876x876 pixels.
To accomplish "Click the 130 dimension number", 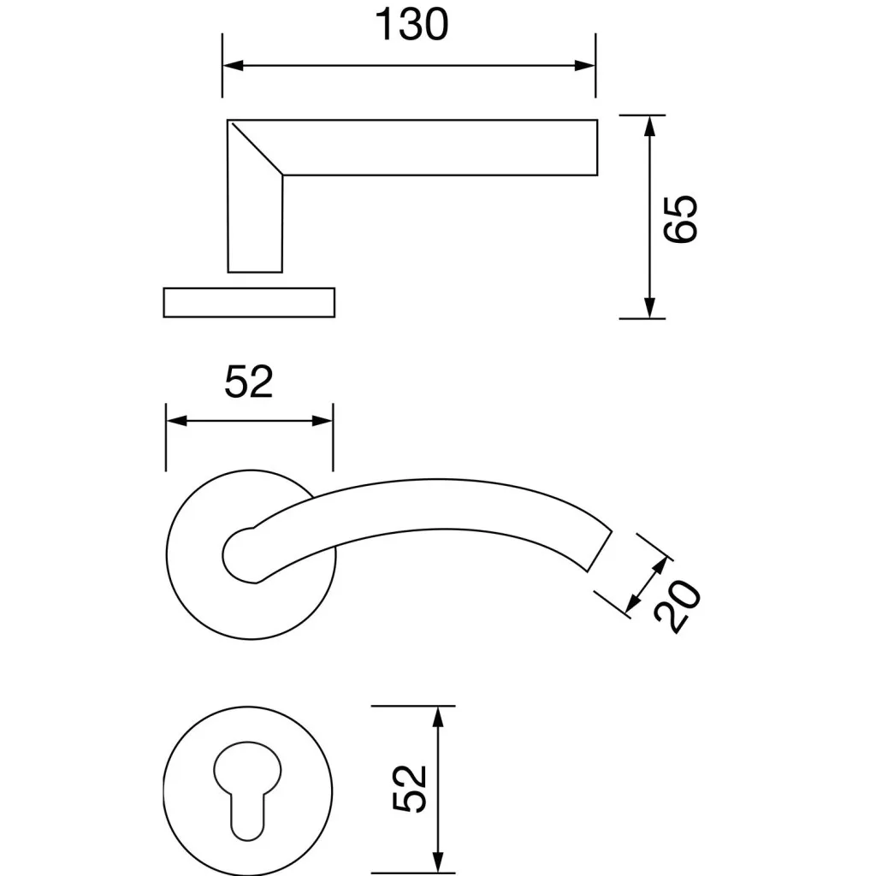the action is [411, 25].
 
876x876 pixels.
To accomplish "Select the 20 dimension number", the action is [678, 607].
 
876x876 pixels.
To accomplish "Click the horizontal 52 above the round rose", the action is [249, 382].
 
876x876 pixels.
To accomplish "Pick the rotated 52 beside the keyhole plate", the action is [410, 788].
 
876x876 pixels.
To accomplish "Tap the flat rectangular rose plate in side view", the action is [249, 302].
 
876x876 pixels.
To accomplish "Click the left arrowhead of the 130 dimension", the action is [233, 65].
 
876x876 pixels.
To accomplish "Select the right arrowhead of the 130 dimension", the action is [585, 65].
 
